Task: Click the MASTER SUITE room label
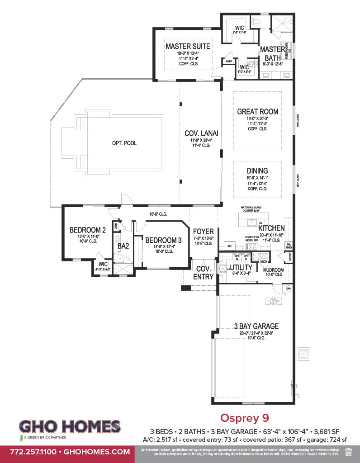[x=188, y=46]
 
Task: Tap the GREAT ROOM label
[x=258, y=112]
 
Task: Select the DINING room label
[x=257, y=170]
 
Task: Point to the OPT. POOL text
[x=124, y=143]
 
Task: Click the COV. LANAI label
[x=201, y=133]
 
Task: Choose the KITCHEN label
[x=271, y=228]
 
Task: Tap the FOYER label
[x=204, y=232]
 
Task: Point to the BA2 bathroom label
[x=123, y=246]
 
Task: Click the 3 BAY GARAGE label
[x=256, y=326]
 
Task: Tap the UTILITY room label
[x=241, y=268]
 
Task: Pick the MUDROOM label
[x=273, y=270]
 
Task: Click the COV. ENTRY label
[x=203, y=273]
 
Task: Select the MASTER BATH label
[x=272, y=54]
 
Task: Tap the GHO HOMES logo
[x=70, y=427]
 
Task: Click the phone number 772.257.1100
[x=30, y=451]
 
